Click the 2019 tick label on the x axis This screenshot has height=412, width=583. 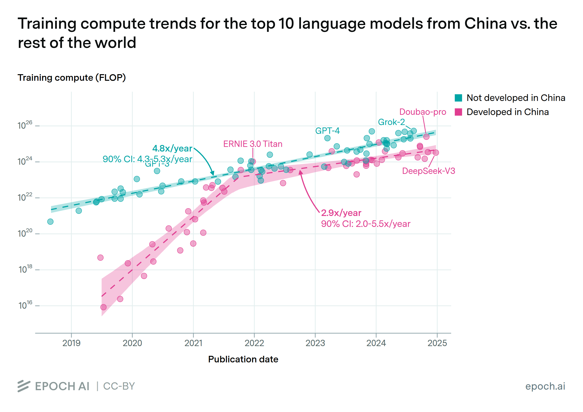[71, 343]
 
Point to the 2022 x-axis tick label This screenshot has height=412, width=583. [254, 343]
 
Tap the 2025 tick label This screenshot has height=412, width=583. [437, 343]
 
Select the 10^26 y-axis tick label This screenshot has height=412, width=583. [25, 125]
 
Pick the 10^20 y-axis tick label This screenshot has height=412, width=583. [25, 233]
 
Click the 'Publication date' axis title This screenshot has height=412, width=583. [243, 359]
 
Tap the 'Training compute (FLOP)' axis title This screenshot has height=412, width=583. [72, 78]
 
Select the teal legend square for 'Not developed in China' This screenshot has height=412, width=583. [458, 98]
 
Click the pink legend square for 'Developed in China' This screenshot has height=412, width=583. [458, 112]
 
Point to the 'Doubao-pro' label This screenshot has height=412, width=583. [422, 112]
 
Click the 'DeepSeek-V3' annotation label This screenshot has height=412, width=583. [428, 171]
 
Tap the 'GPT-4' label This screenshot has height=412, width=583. [327, 131]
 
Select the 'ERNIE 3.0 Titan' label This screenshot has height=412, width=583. [253, 144]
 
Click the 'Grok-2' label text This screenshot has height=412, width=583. [391, 122]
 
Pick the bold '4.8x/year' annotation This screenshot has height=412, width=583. [172, 148]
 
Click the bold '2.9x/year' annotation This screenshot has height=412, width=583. [341, 213]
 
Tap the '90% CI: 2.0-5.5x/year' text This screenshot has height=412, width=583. [366, 224]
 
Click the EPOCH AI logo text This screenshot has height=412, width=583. [62, 386]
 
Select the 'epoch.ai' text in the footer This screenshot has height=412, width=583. [545, 386]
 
